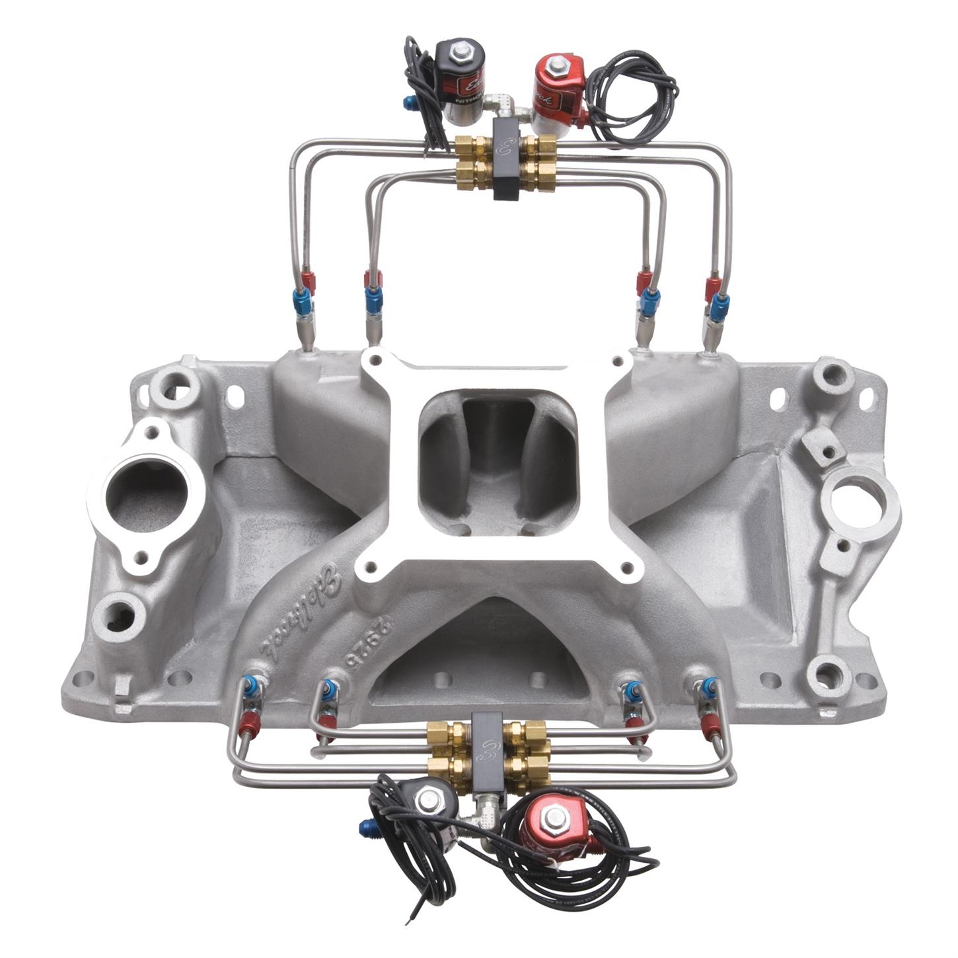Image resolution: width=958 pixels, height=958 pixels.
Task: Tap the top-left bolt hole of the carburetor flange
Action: coord(375,361)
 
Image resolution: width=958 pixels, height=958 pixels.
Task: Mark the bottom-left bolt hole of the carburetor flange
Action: coord(370,567)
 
